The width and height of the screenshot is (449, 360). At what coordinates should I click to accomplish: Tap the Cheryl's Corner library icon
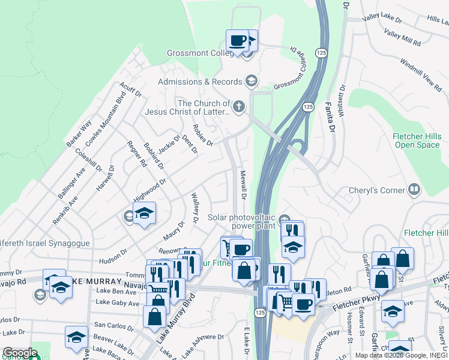(413, 190)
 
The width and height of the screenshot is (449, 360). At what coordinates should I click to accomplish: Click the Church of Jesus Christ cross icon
(239, 107)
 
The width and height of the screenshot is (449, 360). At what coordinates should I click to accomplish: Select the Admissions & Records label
(199, 82)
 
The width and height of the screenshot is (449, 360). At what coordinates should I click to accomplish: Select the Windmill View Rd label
(420, 71)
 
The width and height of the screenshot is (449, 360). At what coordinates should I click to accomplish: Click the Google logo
(19, 353)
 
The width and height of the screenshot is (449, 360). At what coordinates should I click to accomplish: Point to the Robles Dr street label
(203, 136)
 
